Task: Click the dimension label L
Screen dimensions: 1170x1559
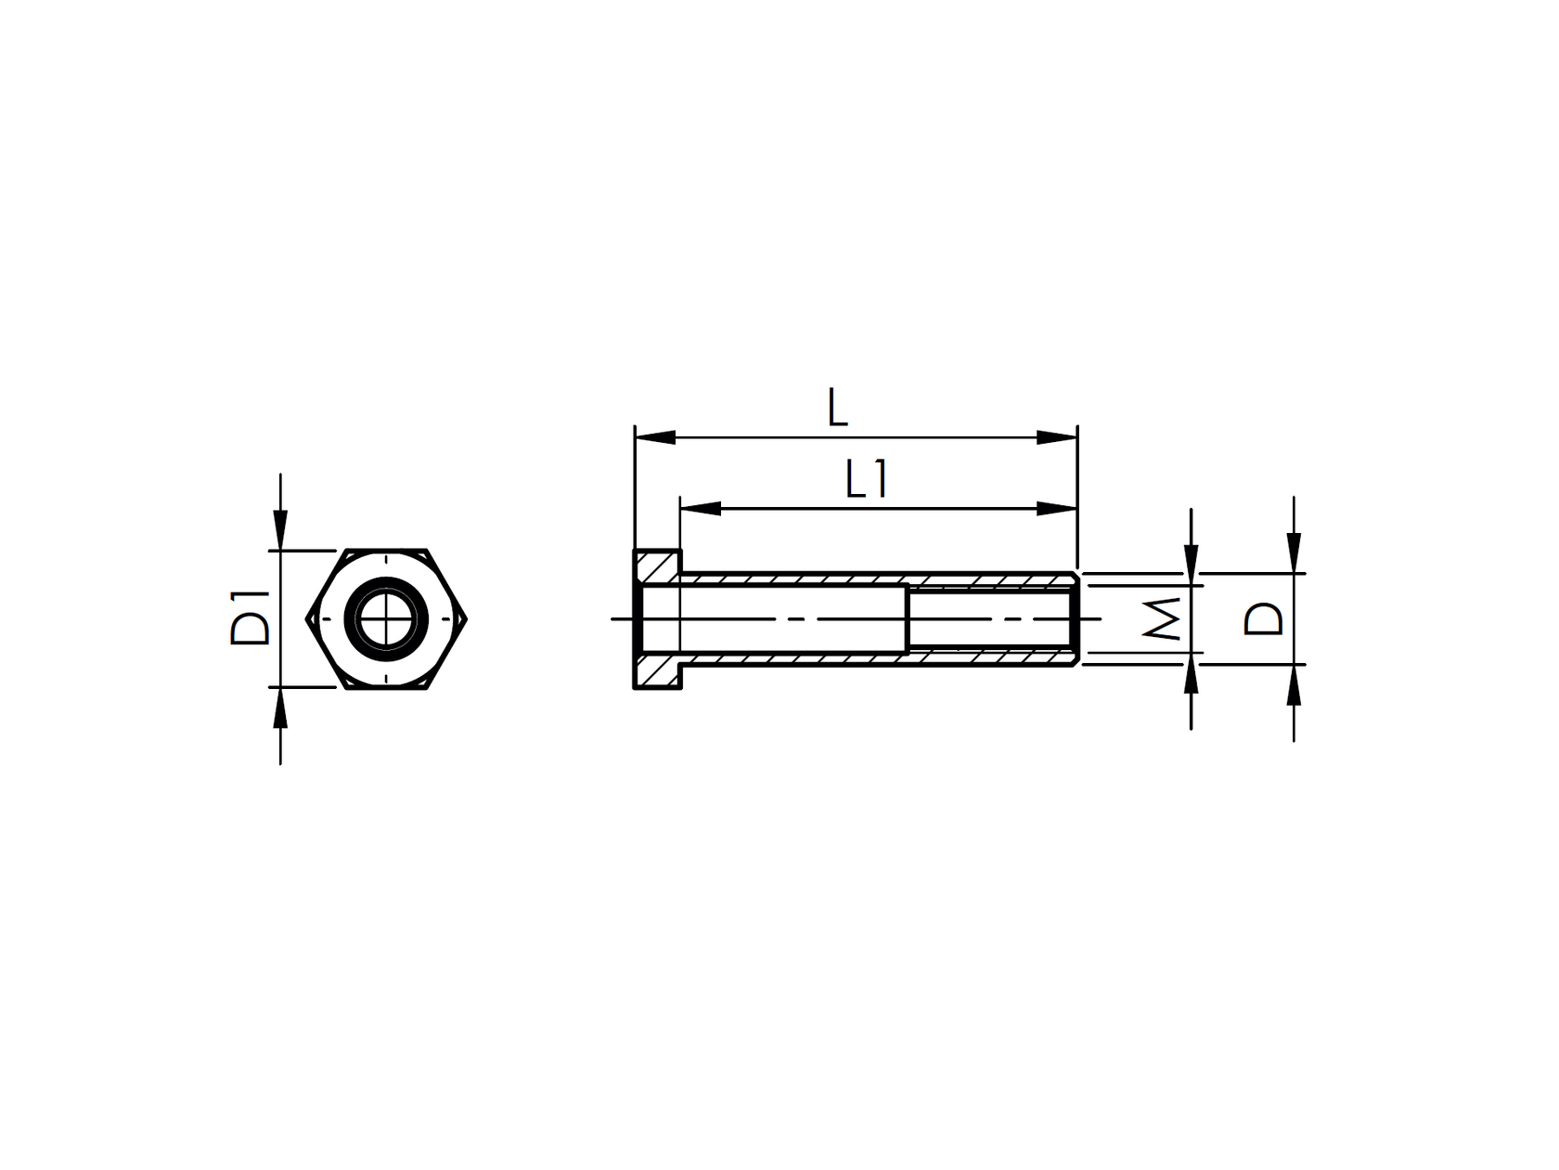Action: coord(837,409)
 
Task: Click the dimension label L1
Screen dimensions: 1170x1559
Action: coord(867,481)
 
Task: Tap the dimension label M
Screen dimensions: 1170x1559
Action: coord(1163,618)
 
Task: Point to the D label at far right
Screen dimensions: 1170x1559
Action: coord(1264,618)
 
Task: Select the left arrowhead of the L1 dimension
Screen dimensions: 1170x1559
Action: coord(701,509)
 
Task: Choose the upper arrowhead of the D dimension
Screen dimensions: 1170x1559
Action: coord(1295,552)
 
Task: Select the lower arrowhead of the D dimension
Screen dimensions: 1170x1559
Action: coord(1295,685)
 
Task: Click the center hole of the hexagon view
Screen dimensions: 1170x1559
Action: coord(387,618)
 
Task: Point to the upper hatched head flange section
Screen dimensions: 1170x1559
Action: coord(659,565)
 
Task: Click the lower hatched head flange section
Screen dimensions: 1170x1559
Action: coord(659,671)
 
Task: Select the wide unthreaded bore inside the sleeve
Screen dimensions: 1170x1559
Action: coord(793,618)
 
